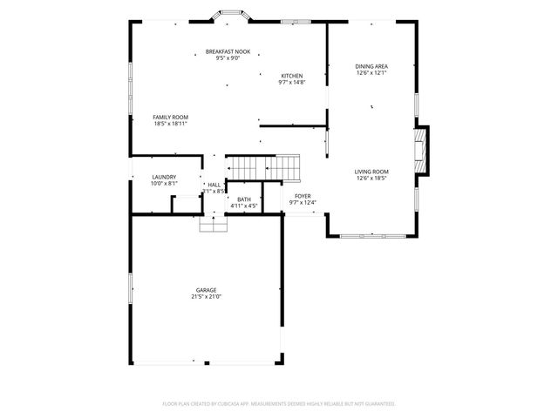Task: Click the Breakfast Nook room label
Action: coord(228,51)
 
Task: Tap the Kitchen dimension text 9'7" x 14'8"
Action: coord(291,83)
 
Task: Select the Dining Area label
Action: coord(371,66)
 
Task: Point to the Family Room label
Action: coord(171,117)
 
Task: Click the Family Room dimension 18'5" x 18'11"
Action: coord(171,124)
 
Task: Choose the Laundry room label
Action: coord(164,177)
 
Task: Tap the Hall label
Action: coord(214,185)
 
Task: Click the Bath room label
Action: coord(244,199)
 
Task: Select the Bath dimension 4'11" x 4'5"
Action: coord(244,206)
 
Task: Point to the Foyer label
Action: coord(303,196)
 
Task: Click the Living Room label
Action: coord(371,172)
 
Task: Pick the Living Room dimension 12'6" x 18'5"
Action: coord(371,179)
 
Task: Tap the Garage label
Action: coord(206,290)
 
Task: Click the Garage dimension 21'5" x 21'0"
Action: coord(206,297)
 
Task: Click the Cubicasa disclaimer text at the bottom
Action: coord(279,404)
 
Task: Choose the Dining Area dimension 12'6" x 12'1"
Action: coord(371,73)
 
